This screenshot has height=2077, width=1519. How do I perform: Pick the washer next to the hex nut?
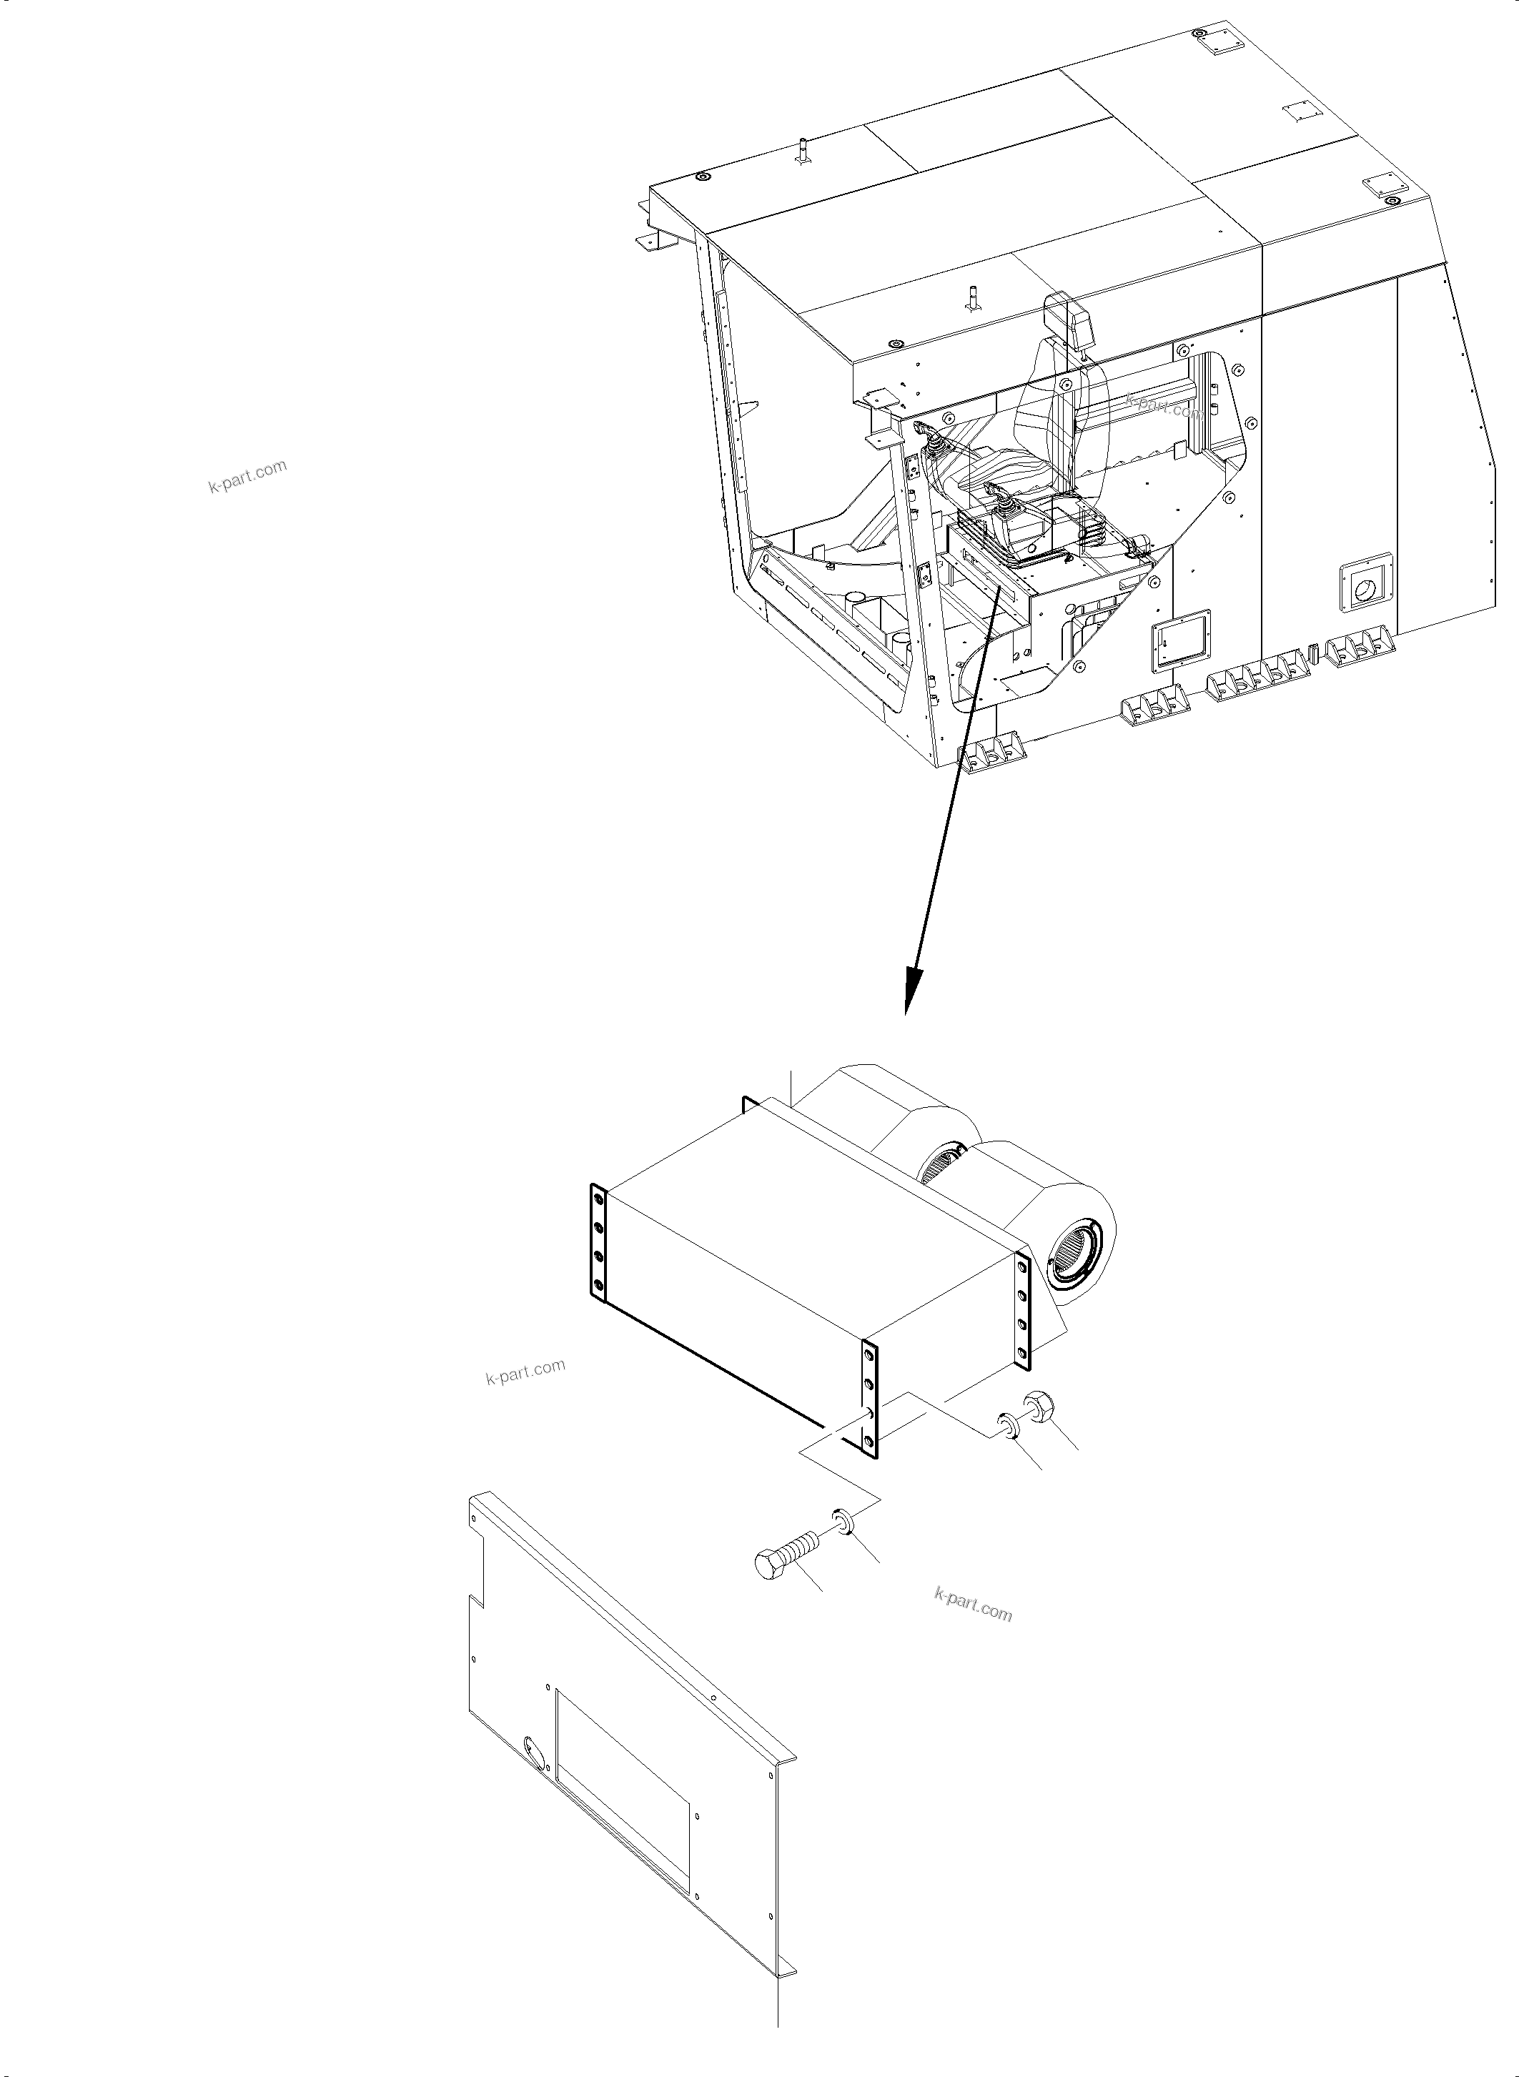(x=1008, y=1424)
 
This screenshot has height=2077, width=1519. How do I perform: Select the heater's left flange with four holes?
(x=598, y=1246)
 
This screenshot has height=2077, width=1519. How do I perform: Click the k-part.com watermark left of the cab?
(x=247, y=475)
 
